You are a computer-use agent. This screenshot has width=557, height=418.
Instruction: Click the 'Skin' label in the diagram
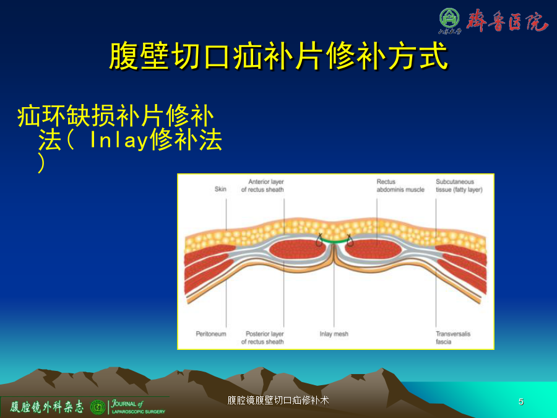click(x=220, y=189)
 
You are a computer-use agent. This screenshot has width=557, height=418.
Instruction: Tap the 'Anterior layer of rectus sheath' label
click(x=262, y=186)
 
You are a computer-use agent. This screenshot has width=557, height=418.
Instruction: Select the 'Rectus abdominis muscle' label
click(x=400, y=186)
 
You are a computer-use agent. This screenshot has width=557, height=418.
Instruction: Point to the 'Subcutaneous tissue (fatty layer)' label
click(x=459, y=186)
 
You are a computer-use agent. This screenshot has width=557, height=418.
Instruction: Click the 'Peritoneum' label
click(x=211, y=334)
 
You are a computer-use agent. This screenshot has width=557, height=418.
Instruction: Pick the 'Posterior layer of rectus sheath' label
click(x=262, y=337)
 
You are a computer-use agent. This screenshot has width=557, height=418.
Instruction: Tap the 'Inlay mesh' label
click(x=334, y=334)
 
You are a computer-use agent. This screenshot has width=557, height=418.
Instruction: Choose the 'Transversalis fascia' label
click(x=453, y=337)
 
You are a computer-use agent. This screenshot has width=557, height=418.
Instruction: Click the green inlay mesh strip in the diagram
click(x=334, y=242)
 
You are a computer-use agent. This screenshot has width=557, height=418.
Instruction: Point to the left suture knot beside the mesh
click(x=319, y=240)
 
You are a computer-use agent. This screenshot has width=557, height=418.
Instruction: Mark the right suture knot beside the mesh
click(x=350, y=240)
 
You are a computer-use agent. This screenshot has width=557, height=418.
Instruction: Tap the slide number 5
click(x=520, y=402)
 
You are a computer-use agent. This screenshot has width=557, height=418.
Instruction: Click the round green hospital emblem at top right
click(x=449, y=19)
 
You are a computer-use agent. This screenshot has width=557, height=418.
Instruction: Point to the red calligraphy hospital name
click(x=507, y=20)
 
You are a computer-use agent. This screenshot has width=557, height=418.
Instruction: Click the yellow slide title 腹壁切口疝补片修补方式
click(x=278, y=56)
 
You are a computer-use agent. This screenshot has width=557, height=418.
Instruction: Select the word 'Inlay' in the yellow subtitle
click(x=119, y=140)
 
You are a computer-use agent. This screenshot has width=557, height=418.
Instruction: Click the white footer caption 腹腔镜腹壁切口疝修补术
click(x=278, y=400)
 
